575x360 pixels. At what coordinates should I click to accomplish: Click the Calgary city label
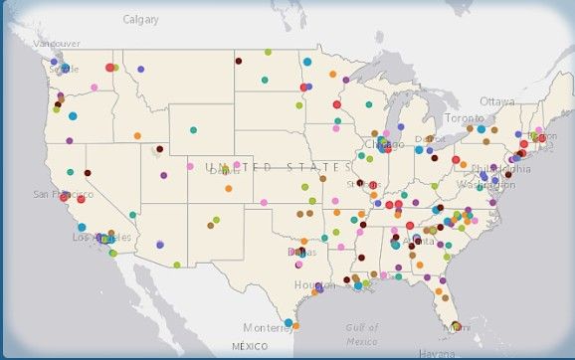[140, 19]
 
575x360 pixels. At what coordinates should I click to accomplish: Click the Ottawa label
[497, 101]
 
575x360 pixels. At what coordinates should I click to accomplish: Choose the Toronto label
[464, 118]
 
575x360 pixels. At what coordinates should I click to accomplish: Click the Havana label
[437, 352]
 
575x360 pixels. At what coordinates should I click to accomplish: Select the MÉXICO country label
[250, 346]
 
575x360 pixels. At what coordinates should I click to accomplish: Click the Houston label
[315, 285]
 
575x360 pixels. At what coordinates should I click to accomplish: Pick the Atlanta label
[419, 241]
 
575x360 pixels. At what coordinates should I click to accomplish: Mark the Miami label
[456, 326]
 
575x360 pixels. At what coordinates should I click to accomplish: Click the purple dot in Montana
[140, 70]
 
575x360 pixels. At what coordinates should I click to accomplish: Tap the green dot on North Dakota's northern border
[268, 52]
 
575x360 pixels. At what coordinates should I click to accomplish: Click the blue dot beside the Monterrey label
[287, 322]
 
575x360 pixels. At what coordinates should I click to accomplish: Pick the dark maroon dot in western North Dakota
[238, 61]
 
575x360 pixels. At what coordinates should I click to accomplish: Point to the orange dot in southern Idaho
[137, 135]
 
